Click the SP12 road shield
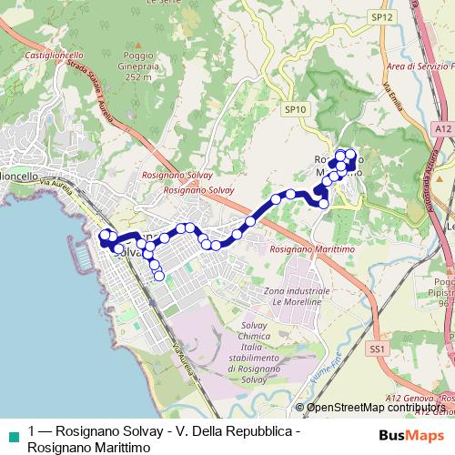pyautogui.click(x=381, y=17)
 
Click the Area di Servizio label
pyautogui.click(x=420, y=67)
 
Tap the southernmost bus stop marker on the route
pyautogui.click(x=158, y=277)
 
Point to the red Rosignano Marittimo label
pyautogui.click(x=304, y=248)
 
